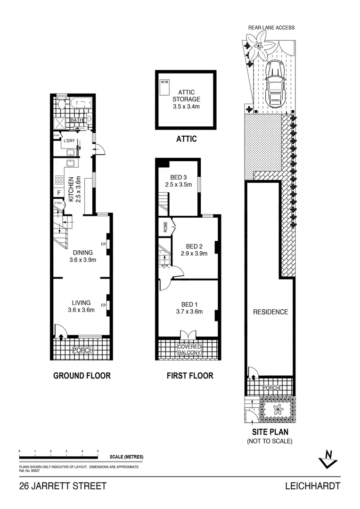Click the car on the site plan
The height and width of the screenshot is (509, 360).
pos(274,85)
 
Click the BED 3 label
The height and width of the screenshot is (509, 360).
pos(178,177)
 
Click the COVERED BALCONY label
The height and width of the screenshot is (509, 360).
pos(189,350)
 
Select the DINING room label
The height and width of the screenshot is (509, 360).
pos(82,252)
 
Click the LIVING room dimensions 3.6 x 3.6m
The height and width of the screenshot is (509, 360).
pos(81,310)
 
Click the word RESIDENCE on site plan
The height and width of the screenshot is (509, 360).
pos(270,312)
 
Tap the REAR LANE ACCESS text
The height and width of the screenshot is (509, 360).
pos(271,28)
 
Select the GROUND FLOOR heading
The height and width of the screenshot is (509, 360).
pos(82,376)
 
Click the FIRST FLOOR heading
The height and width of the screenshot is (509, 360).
pos(189,376)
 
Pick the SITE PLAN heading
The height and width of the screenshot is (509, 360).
pos(270,432)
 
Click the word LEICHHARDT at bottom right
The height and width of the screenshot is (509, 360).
pos(312,486)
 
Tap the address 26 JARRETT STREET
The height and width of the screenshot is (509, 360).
pos(63,486)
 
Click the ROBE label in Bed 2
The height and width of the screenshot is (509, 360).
pos(165,228)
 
